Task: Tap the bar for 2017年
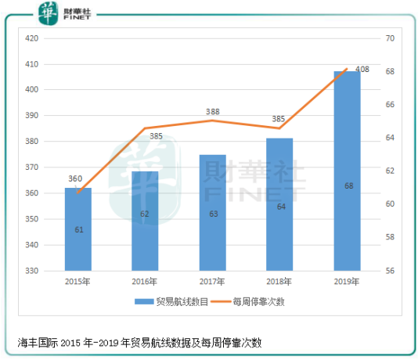click(x=212, y=212)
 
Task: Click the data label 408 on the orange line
click(x=362, y=70)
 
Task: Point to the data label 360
click(x=75, y=178)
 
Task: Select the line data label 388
click(x=213, y=112)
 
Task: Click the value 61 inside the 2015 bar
click(x=78, y=230)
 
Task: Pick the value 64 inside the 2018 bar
click(x=279, y=207)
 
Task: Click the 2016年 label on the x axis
click(x=145, y=280)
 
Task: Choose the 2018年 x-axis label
click(x=279, y=280)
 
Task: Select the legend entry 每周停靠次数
click(x=251, y=301)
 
